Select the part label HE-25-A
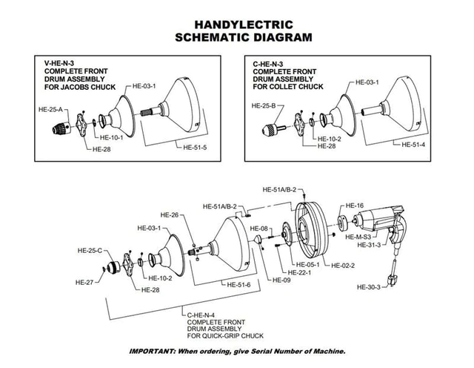(50, 109)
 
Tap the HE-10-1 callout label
(111, 138)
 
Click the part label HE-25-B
(264, 106)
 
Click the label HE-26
(170, 216)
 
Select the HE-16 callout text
(355, 205)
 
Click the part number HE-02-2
(343, 265)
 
